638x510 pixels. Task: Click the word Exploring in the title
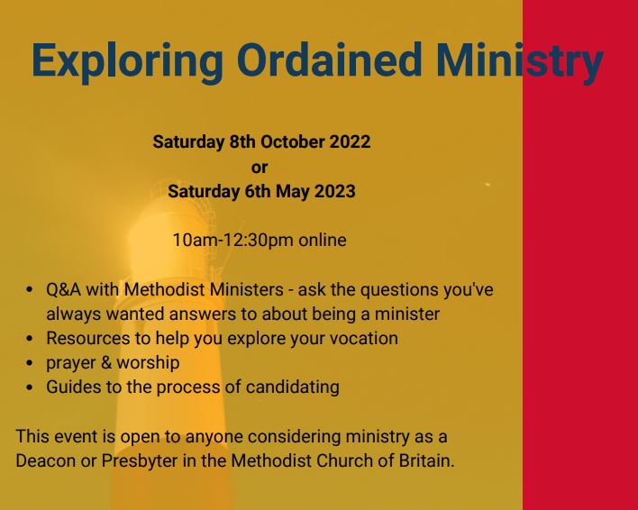126,60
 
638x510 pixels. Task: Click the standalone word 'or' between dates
260,167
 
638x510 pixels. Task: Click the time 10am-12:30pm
232,241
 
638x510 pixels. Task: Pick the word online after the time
322,241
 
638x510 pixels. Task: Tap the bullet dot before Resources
31,340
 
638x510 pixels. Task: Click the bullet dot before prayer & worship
31,364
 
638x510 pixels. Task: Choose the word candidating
294,387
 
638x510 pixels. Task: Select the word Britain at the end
424,460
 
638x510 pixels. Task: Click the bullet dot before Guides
31,388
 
